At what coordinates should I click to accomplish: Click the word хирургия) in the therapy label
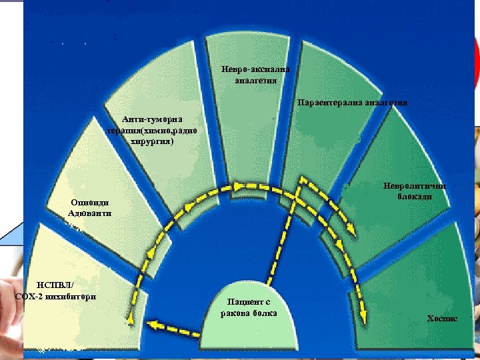click(x=153, y=141)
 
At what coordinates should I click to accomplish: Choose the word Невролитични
click(x=413, y=186)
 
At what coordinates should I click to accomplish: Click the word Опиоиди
click(x=89, y=203)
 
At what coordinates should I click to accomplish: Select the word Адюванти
click(x=89, y=213)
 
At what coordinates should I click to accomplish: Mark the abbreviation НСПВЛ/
click(x=56, y=285)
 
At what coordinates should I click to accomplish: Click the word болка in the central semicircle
click(x=263, y=313)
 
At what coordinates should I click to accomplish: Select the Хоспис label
click(x=442, y=319)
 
